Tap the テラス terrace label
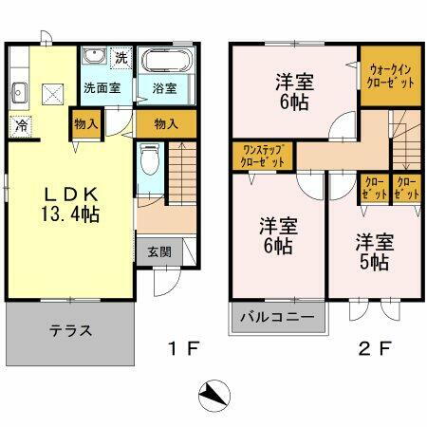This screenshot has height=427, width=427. click(71, 331)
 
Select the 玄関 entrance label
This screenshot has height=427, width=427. click(158, 252)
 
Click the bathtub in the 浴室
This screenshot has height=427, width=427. click(169, 64)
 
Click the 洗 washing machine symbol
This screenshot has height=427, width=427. click(121, 57)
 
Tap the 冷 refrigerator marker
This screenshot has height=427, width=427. click(21, 123)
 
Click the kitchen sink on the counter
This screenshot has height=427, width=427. click(19, 92)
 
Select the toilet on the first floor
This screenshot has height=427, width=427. click(150, 161)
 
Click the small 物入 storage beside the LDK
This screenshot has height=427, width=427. click(84, 124)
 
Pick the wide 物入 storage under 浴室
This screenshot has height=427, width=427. click(166, 123)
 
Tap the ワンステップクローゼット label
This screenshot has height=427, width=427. click(262, 156)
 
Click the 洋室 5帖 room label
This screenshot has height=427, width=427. click(373, 252)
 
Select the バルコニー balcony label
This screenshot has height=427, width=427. click(277, 317)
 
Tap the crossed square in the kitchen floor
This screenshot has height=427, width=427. click(51, 93)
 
